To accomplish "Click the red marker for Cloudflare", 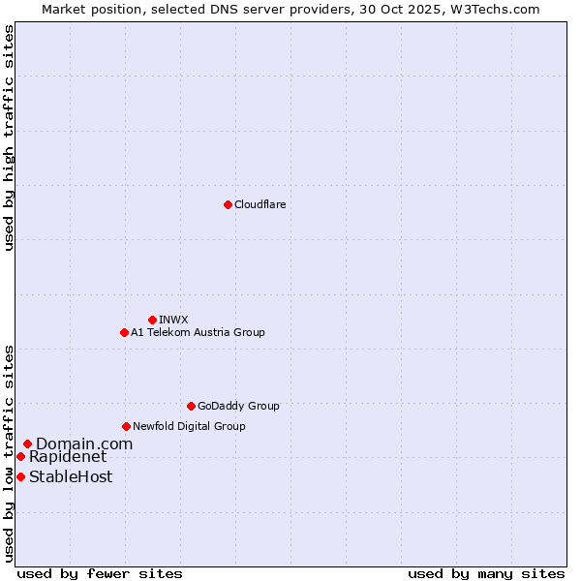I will point(228,204).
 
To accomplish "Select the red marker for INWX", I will point(152,320).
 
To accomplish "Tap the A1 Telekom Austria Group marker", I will point(124,332).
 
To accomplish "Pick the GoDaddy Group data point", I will point(191,406).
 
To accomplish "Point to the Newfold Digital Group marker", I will point(126,426).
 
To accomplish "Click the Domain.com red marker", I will point(27,443).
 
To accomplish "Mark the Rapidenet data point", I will point(20,456).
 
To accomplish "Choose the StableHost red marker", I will point(20,476).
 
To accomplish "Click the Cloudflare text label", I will point(260,204).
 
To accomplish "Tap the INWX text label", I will point(173,320).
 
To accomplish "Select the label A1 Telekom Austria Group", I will point(198,332).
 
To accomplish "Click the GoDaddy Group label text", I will point(238,406).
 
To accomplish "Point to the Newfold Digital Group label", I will point(189,426).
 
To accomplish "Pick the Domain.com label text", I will point(84,443).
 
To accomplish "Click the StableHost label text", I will point(71,476).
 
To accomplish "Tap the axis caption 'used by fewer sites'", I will point(100,573).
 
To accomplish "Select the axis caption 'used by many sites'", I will point(486,573).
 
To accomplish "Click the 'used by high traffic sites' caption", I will point(9,138).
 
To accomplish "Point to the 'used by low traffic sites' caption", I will point(9,453).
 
